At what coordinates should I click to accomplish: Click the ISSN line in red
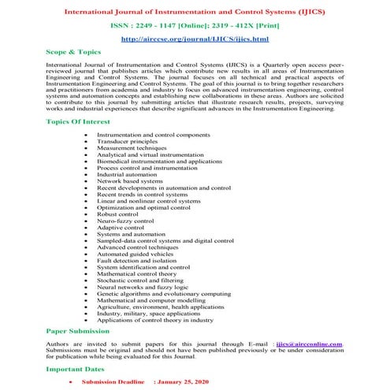(194, 24)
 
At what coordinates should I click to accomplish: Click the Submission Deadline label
(113, 381)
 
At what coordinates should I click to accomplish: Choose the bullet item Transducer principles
(151, 142)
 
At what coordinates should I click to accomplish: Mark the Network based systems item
(152, 181)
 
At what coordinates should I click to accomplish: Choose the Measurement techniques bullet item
(154, 148)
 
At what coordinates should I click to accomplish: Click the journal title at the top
(194, 10)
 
